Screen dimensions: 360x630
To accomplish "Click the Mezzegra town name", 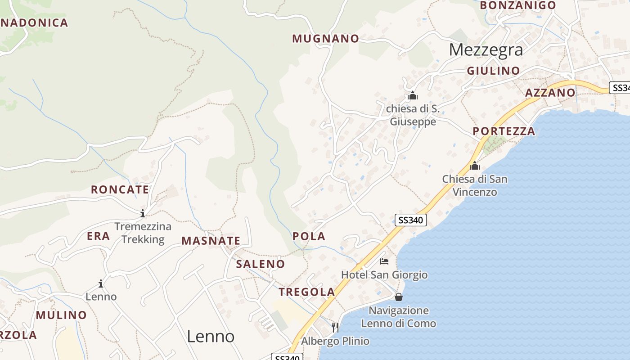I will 486,49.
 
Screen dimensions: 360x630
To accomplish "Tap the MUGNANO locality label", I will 325,39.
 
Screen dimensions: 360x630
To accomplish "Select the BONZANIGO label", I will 517,5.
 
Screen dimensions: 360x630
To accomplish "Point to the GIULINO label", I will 493,71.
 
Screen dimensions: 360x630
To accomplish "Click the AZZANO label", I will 550,93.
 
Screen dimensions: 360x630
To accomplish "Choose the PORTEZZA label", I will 504,131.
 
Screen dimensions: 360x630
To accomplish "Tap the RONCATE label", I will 120,189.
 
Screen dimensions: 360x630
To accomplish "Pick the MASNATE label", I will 211,241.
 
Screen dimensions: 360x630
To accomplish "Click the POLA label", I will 309,236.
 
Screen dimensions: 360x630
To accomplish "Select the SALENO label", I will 261,264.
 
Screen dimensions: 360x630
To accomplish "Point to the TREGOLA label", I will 306,292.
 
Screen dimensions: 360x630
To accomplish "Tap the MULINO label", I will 61,315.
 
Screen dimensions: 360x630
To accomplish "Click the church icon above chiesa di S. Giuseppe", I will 413,95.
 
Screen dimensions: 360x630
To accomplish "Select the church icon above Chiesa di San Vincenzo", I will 474,166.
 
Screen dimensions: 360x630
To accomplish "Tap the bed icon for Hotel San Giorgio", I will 384,261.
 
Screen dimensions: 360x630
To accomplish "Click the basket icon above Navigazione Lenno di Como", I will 398,297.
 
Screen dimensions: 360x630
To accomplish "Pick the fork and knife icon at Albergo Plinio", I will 335,327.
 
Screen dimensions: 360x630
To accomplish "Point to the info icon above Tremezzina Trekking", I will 143,213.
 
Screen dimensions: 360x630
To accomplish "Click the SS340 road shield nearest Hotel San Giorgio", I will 410,220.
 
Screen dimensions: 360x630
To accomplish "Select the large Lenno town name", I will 210,336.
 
